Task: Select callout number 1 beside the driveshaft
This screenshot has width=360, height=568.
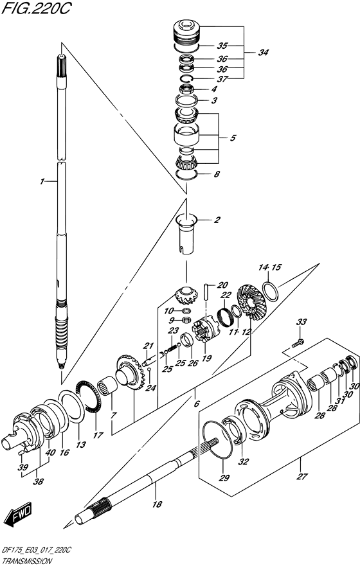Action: point(42,182)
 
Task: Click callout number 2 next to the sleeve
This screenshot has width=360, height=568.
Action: point(217,220)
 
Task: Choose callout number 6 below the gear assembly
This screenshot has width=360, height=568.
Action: point(197,404)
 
